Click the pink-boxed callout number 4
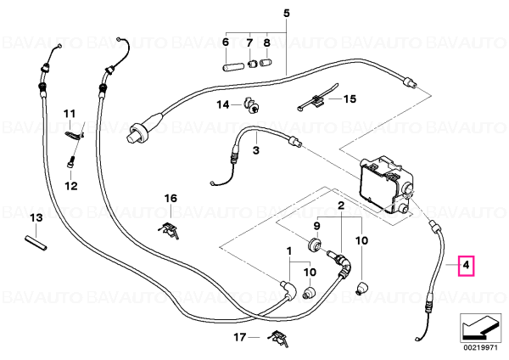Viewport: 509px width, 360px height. (466, 266)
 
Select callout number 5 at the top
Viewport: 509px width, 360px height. (287, 14)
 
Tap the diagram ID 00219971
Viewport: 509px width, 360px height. (480, 347)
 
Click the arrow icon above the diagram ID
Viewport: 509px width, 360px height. (480, 329)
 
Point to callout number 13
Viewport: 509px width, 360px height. (36, 217)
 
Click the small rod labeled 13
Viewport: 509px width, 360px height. (36, 244)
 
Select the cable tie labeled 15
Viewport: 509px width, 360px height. (317, 98)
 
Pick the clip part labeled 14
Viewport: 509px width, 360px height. (251, 104)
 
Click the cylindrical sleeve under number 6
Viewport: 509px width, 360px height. (231, 66)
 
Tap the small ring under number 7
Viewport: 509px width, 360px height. (252, 64)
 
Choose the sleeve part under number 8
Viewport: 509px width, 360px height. (266, 62)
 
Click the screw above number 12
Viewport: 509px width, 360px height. (71, 161)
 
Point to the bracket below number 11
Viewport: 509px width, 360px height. (74, 134)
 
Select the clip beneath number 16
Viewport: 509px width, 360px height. (169, 230)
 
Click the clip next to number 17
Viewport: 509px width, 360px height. (278, 338)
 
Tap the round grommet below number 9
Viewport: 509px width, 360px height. (314, 245)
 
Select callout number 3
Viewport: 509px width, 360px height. (256, 150)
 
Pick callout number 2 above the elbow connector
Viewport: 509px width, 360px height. (341, 205)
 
